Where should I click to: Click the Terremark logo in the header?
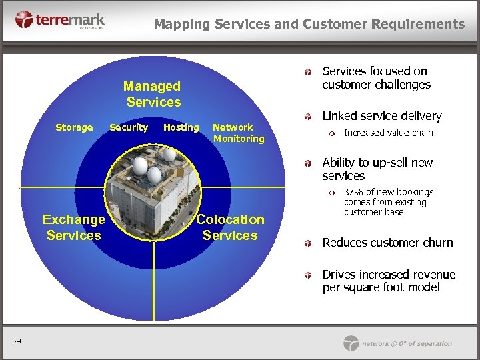[x=59, y=20]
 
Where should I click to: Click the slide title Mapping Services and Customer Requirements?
[x=309, y=24]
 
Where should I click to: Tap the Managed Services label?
[x=153, y=94]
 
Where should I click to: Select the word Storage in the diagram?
[x=74, y=127]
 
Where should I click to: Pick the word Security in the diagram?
[x=129, y=127]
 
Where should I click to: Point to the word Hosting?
[x=181, y=127]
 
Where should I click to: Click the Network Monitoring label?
[x=238, y=133]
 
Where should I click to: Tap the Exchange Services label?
[x=73, y=227]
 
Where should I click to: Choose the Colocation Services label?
[x=230, y=227]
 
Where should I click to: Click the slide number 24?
[x=17, y=342]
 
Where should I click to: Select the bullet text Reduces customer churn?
[x=387, y=243]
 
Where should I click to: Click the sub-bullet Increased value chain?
[x=388, y=133]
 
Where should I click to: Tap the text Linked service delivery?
[x=381, y=116]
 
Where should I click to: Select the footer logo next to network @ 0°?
[x=351, y=343]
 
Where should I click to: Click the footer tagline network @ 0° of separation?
[x=407, y=344]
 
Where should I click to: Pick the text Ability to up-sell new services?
[x=377, y=169]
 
